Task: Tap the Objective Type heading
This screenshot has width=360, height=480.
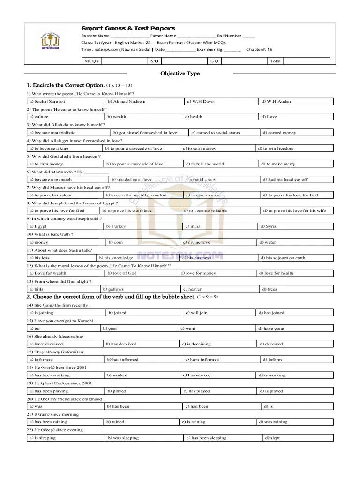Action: [x=180, y=73]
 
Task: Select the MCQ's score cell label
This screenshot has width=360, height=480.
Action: [x=91, y=61]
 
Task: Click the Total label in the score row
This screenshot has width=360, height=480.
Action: [x=275, y=61]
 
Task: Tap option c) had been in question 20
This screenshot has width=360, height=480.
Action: [x=197, y=406]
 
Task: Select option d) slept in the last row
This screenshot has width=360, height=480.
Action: [x=272, y=438]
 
